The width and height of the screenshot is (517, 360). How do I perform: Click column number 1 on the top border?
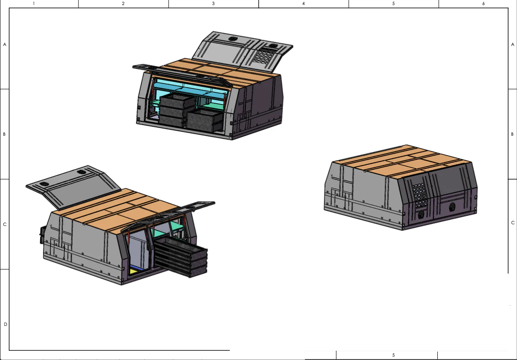[34, 3]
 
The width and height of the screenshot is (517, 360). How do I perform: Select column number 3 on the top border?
[213, 3]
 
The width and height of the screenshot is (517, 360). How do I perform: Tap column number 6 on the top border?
[483, 3]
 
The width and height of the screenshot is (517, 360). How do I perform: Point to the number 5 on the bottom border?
[393, 355]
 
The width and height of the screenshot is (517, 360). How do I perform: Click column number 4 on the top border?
[303, 3]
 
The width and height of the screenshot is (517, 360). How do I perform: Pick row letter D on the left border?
[5, 324]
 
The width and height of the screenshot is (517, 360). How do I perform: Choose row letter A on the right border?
[513, 45]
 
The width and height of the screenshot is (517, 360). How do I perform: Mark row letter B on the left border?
[4, 134]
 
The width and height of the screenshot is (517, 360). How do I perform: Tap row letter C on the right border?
[513, 223]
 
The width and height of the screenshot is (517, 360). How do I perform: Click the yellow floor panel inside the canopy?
[133, 271]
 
